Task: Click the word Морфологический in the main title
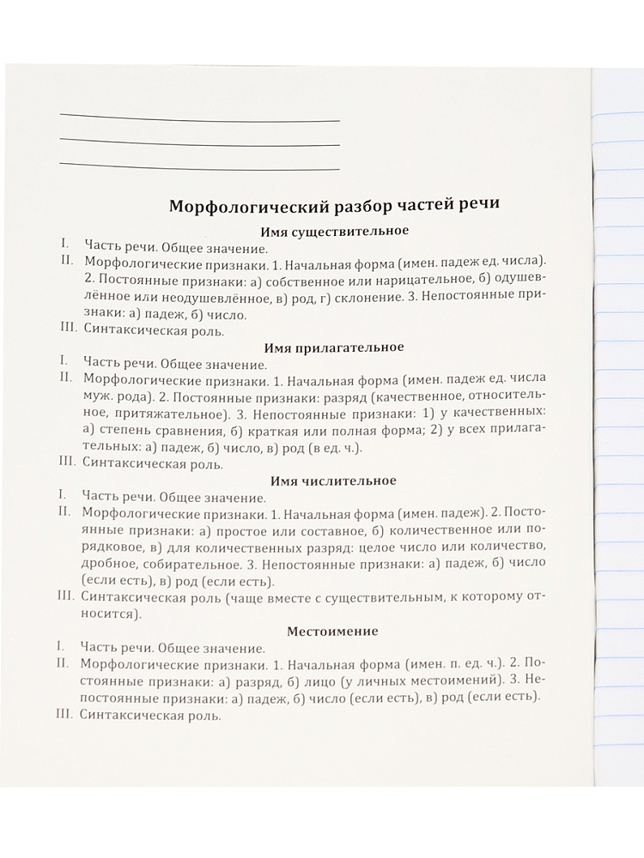click(242, 207)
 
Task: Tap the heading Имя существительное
click(334, 231)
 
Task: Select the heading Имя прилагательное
click(336, 347)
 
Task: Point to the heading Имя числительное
click(336, 480)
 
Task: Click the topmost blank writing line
click(200, 118)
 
